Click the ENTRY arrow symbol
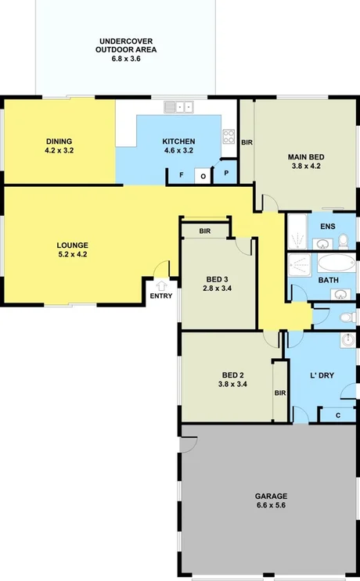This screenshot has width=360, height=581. click(160, 286)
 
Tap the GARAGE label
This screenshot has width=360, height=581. click(271, 496)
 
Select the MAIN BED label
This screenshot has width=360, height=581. click(307, 156)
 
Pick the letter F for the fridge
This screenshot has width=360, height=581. click(181, 175)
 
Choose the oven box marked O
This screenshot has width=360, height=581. click(202, 176)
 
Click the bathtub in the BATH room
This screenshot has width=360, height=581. click(336, 262)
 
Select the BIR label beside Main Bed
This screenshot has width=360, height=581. click(247, 142)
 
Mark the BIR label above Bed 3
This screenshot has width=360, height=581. click(205, 231)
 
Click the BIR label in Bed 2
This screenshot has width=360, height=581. click(279, 393)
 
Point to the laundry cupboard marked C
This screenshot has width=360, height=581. click(337, 414)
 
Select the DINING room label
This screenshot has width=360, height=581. click(59, 141)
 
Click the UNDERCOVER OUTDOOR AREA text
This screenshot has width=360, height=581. click(127, 45)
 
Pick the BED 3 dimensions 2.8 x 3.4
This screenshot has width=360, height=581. click(218, 288)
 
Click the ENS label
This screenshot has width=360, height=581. click(327, 227)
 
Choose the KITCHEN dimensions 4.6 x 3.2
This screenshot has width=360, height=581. click(178, 149)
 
